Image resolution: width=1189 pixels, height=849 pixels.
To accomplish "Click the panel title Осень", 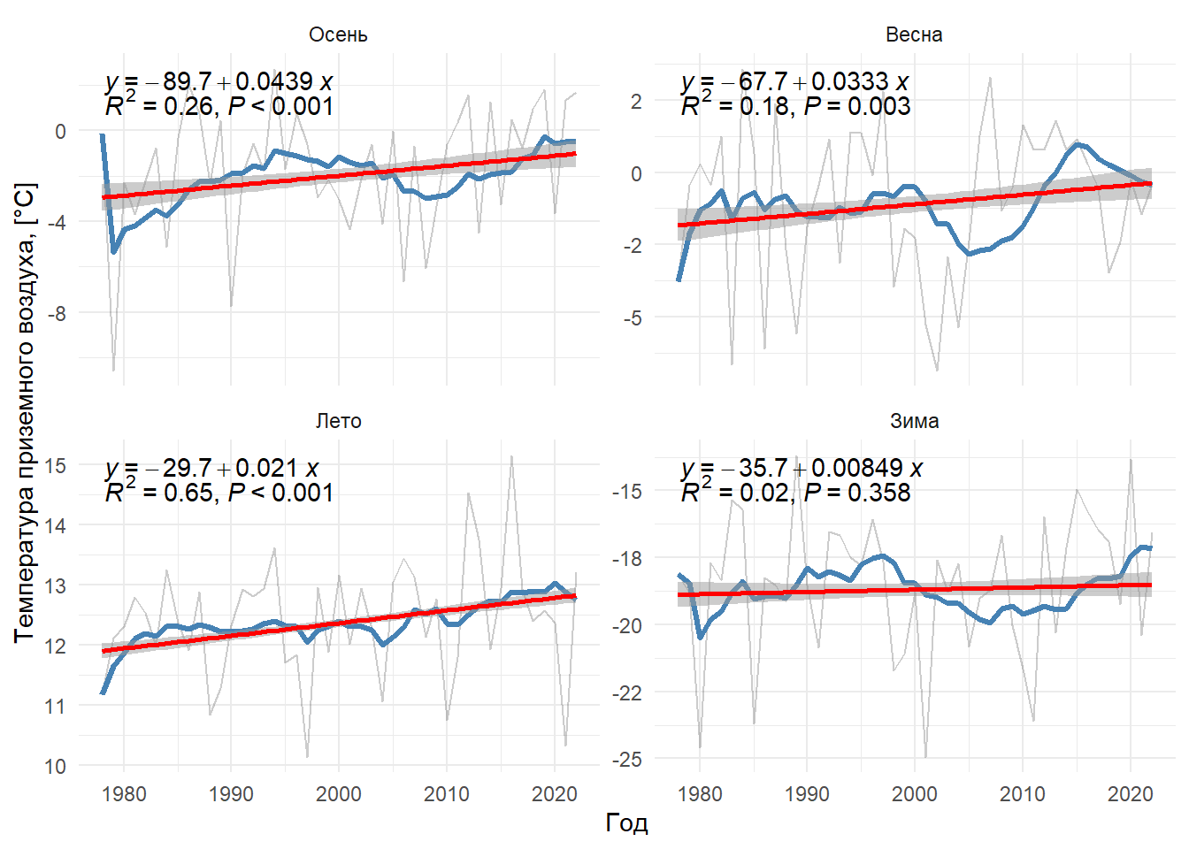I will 338,34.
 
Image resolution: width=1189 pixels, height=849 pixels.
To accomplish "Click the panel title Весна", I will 914,34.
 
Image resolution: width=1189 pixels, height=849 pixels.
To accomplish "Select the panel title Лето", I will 338,421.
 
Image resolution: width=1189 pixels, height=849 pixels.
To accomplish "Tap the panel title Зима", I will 914,421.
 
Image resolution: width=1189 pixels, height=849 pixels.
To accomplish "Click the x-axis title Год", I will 626,822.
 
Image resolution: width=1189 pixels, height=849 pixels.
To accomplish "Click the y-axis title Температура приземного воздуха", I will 25,412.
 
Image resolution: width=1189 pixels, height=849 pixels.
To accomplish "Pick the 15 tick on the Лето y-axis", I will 55,465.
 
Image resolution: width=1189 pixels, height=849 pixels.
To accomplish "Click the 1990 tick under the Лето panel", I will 231,793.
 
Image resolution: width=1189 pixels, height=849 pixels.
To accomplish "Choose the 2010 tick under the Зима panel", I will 1022,793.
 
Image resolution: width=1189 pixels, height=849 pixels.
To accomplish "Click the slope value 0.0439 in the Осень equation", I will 274,81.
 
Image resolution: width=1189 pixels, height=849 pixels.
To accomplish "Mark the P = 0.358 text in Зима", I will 857,493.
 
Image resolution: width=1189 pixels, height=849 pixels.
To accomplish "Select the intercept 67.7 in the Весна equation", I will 763,81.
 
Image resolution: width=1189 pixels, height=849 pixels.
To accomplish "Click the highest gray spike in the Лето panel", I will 511,456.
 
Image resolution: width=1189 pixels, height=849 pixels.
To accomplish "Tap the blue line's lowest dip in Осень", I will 113,252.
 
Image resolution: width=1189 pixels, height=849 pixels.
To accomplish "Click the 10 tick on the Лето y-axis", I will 55,766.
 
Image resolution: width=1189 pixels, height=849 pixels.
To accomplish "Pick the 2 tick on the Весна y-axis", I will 636,101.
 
